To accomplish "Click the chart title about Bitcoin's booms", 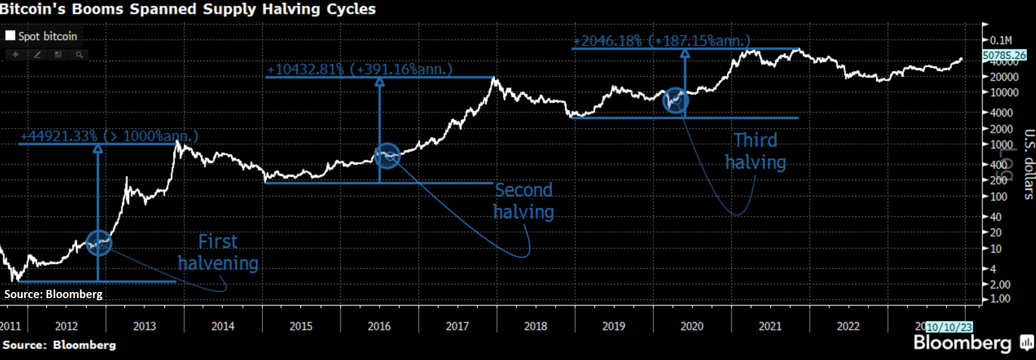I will coord(188,9).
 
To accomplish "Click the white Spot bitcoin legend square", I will coord(10,36).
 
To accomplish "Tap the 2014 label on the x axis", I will coord(223,326).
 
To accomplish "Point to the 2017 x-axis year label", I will coord(457,326).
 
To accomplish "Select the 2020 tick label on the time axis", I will coord(692,326).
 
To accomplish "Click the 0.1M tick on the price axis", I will coord(1001,40).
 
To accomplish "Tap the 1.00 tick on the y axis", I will coord(1000,299).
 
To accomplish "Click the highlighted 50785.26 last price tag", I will coord(1005,55).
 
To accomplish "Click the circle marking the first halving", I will coord(99,243).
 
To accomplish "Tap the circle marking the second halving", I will coord(387,156).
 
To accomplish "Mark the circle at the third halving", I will coord(675,100).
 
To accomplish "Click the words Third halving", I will coord(755,151).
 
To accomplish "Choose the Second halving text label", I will coord(524,201).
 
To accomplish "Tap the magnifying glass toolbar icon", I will coord(79,55).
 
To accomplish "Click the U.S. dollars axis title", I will coord(1028,164).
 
